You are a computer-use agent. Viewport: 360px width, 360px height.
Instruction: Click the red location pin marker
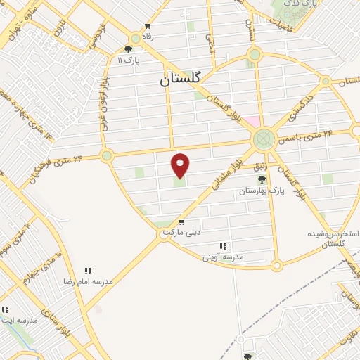click(181, 165)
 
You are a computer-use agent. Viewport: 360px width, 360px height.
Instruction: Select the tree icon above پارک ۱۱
click(128, 49)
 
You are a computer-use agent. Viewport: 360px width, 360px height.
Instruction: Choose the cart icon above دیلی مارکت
click(181, 222)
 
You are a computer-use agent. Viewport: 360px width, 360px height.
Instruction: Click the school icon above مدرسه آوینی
click(223, 246)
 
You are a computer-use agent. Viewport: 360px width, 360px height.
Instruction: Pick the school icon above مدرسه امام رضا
click(88, 271)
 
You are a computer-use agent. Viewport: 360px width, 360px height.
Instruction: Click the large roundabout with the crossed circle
click(264, 139)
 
